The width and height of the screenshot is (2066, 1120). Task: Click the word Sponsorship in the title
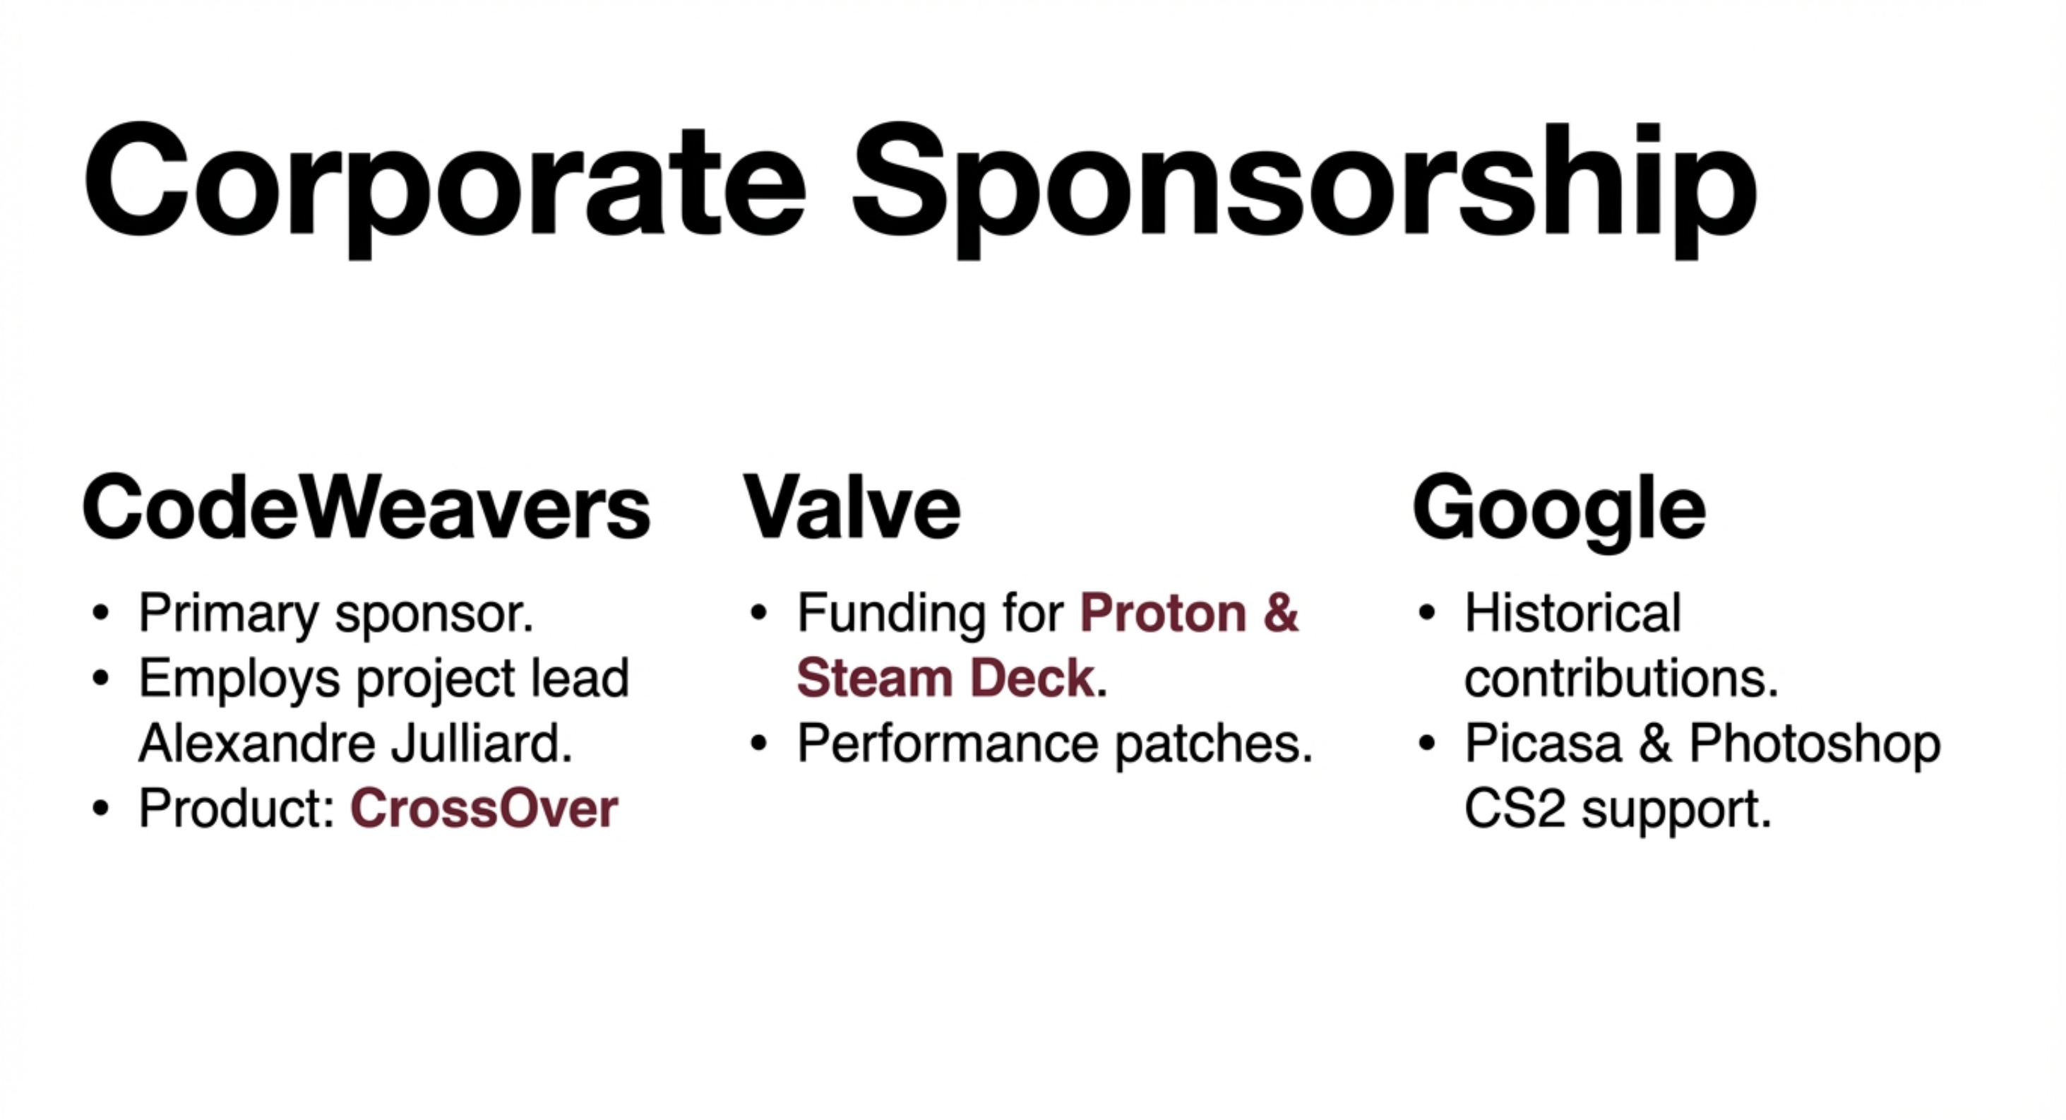point(1305,189)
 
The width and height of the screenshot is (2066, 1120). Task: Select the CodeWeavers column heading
point(366,508)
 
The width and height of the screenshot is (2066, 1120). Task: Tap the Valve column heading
point(852,508)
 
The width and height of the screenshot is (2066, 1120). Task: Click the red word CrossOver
point(484,808)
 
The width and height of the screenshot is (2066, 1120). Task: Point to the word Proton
point(1163,614)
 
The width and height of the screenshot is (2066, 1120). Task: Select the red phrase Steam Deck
point(946,679)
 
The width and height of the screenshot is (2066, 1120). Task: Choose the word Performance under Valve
point(947,744)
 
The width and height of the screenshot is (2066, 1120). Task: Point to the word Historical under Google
point(1572,614)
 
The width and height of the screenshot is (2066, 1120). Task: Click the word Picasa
point(1543,744)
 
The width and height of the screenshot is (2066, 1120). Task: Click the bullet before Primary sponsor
point(100,614)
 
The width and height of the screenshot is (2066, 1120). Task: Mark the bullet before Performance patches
point(759,744)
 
